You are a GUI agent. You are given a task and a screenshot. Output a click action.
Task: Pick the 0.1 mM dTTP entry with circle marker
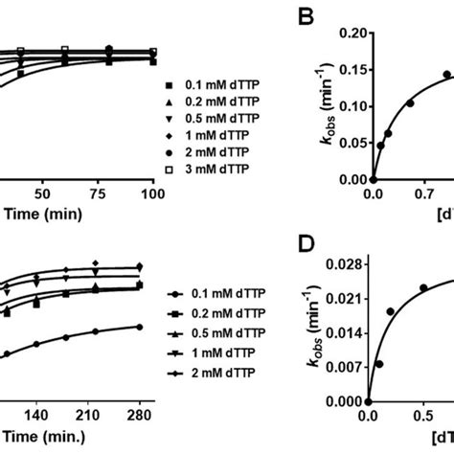pos(219,294)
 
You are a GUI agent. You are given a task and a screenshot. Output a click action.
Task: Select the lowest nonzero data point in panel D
pos(378,364)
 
